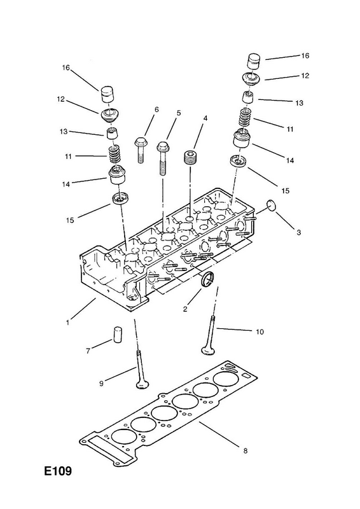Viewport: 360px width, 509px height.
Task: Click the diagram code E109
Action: click(58, 471)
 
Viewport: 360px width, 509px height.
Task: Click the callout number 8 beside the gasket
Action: click(245, 450)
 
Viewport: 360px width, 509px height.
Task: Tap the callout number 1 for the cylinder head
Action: click(67, 323)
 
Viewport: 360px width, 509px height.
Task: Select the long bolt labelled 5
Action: click(162, 158)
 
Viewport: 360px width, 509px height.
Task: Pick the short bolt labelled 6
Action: click(140, 150)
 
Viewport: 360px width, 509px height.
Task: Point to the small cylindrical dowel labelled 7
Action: click(117, 335)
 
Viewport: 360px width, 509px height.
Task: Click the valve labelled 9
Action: click(140, 369)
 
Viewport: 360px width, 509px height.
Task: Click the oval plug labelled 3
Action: click(272, 206)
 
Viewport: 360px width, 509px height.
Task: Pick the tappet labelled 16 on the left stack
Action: click(107, 94)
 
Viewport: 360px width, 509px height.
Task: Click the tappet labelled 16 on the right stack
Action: click(254, 60)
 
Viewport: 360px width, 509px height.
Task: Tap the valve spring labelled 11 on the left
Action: click(114, 155)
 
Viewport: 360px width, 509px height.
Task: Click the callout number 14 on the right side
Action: click(290, 160)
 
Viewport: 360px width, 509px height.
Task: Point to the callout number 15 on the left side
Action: click(70, 220)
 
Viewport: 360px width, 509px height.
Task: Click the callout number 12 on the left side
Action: click(61, 99)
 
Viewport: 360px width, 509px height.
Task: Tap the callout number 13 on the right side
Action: click(299, 103)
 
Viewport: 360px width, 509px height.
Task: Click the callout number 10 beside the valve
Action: click(260, 331)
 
